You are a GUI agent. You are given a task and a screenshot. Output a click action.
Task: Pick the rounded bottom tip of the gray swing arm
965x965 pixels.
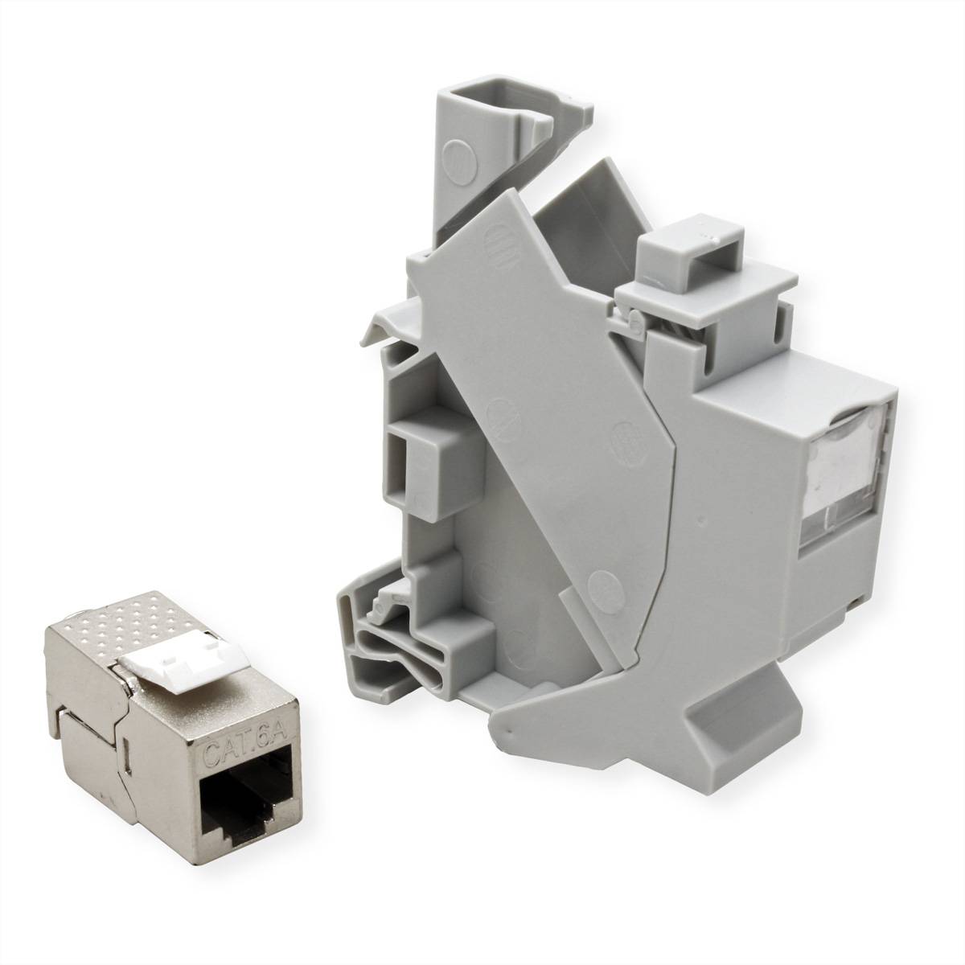(x=499, y=727)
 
